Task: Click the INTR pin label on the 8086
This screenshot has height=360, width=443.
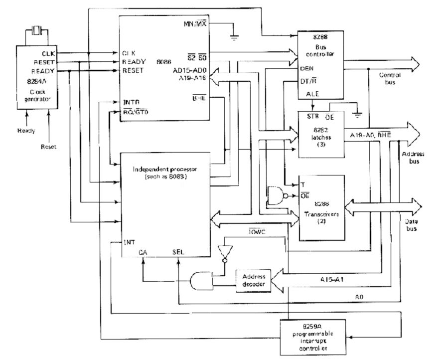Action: [x=131, y=102]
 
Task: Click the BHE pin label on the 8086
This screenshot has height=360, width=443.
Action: [x=199, y=98]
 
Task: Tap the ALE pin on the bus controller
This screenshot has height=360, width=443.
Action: [x=306, y=93]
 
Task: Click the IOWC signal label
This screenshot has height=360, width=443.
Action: [x=258, y=231]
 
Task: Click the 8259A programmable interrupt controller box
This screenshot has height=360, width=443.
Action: [x=312, y=335]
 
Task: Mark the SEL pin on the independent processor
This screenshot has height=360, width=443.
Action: [x=178, y=251]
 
